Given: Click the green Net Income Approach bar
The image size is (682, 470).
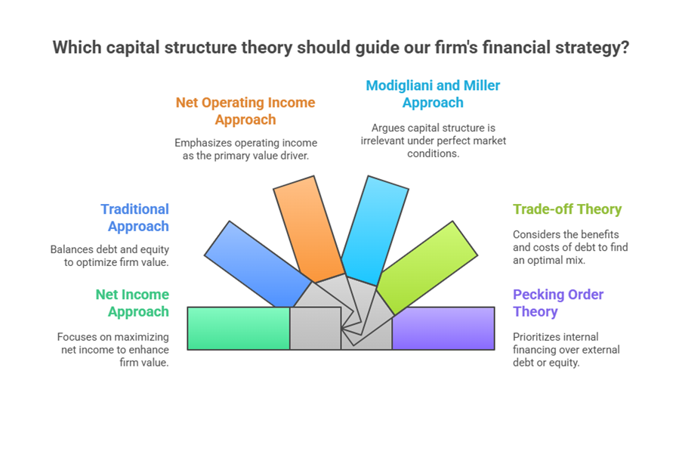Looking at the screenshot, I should tap(238, 328).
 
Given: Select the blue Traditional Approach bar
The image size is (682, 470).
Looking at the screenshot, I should tap(257, 262).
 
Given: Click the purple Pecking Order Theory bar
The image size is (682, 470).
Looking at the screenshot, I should tap(443, 328).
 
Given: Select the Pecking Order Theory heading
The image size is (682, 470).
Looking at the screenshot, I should tap(557, 303).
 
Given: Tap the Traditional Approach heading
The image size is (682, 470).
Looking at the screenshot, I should tap(134, 218).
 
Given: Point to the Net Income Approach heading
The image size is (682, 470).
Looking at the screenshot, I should tap(132, 303).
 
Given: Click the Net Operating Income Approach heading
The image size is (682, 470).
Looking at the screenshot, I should tap(245, 111).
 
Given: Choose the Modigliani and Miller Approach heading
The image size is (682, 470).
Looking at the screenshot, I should tap(433, 94).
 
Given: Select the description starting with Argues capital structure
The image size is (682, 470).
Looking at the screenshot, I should tap(433, 141).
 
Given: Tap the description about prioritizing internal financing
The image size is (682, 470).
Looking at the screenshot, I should tap(566, 349).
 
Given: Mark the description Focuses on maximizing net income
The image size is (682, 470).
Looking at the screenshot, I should tap(113, 349).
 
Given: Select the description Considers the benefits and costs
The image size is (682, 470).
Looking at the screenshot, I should tap(569, 247).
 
